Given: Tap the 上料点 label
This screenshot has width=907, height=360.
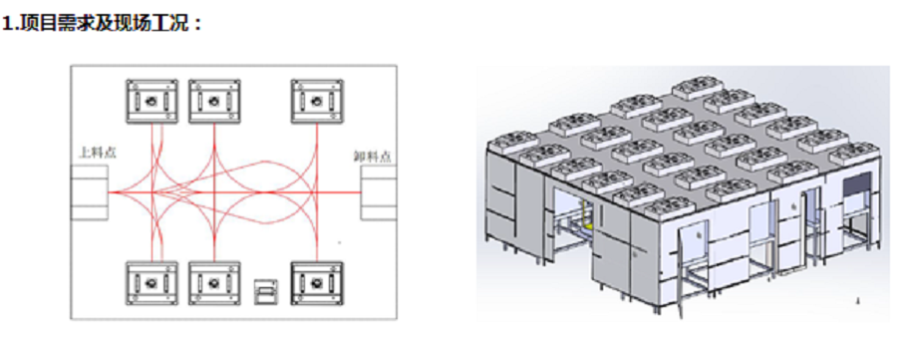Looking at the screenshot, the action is click(93, 154).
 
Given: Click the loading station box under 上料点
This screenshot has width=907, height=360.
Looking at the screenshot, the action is click(89, 192).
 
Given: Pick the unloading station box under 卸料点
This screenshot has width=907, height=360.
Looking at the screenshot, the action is click(379, 192).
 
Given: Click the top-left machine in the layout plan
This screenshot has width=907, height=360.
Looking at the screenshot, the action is click(152, 102).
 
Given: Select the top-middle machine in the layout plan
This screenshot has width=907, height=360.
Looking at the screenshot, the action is click(214, 102).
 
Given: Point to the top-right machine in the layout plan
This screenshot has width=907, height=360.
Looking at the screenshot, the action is click(317, 102).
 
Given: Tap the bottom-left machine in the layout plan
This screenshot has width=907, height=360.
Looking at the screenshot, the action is click(152, 283).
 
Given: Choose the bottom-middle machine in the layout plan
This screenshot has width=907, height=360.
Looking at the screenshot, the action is click(214, 283).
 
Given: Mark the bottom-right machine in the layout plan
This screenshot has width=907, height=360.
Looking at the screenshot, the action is click(317, 283).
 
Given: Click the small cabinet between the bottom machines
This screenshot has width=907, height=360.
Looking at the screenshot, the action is click(266, 291).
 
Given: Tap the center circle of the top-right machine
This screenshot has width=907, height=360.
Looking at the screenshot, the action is click(317, 102).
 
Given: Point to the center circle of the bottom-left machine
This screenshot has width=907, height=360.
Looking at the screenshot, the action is click(152, 283).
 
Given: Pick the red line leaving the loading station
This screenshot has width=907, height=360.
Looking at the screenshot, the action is click(130, 192).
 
